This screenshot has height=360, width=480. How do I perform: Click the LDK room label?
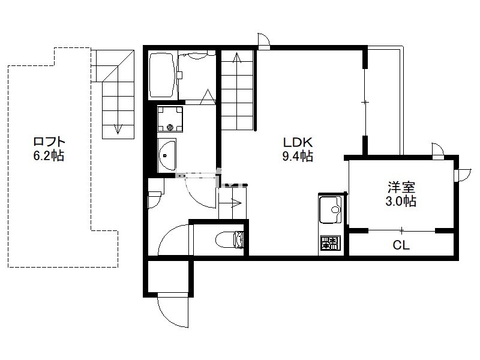[x=297, y=142]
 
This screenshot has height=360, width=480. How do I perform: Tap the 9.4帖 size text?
[x=297, y=156]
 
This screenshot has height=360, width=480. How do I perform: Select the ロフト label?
[x=49, y=142]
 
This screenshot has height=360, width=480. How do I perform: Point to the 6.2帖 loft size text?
[x=49, y=156]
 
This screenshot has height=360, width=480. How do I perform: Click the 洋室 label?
[x=401, y=187]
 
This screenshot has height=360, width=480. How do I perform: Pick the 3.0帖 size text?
[x=401, y=201]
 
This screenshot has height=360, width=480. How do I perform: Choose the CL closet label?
[x=401, y=245]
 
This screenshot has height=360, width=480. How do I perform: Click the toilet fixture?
[x=230, y=239]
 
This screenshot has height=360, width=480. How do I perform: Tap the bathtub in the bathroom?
[x=162, y=75]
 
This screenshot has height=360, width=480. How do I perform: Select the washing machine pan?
[x=170, y=119]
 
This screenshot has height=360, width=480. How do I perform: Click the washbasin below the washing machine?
[x=167, y=155]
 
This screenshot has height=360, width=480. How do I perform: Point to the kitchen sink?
[x=331, y=209]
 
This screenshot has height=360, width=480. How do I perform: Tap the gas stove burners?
[x=331, y=243]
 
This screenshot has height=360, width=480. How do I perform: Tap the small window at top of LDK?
[x=263, y=40]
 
